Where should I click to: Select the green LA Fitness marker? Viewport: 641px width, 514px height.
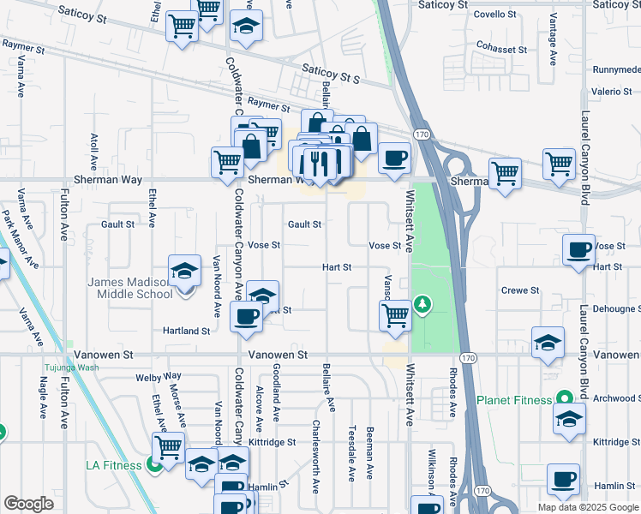pyautogui.click(x=154, y=465)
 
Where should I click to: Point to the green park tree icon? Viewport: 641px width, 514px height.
pyautogui.click(x=422, y=304)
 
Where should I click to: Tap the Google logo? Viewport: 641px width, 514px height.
pyautogui.click(x=29, y=504)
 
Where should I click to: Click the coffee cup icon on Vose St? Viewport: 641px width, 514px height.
pyautogui.click(x=579, y=250)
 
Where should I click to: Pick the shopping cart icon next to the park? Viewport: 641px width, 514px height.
pyautogui.click(x=395, y=314)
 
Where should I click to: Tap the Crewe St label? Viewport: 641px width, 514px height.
pyautogui.click(x=520, y=290)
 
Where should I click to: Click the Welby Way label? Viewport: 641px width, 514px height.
pyautogui.click(x=159, y=376)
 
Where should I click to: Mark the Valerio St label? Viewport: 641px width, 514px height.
pyautogui.click(x=611, y=92)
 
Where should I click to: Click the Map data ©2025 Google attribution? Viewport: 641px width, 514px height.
pyautogui.click(x=587, y=507)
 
